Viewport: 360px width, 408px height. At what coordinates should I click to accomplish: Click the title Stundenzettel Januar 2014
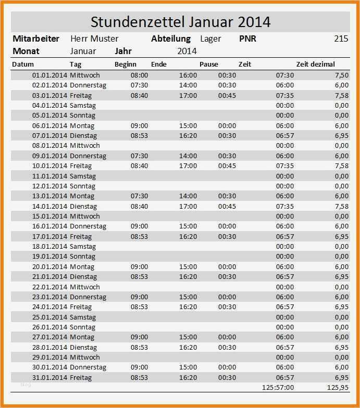click(180, 22)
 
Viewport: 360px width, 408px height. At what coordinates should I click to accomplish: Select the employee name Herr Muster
click(94, 39)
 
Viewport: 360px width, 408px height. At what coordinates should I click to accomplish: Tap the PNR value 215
click(341, 39)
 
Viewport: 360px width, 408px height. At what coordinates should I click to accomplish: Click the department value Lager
click(210, 39)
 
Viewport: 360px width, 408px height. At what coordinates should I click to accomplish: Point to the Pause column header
click(209, 65)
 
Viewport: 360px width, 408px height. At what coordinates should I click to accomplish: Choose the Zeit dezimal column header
click(315, 65)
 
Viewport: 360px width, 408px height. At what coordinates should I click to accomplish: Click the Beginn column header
click(126, 65)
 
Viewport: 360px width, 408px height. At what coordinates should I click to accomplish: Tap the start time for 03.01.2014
click(139, 95)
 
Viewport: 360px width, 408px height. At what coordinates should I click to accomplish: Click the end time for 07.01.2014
click(188, 135)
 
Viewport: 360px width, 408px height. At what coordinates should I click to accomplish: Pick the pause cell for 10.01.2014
click(227, 165)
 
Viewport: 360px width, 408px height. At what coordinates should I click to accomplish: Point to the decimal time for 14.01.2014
click(342, 206)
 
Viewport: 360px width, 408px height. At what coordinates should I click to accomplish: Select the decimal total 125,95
click(338, 387)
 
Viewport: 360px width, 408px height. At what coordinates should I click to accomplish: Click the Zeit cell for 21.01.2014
click(284, 276)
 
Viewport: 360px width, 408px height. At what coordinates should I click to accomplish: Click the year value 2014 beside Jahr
click(187, 51)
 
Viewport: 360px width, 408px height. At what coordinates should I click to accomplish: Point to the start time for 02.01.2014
click(139, 85)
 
